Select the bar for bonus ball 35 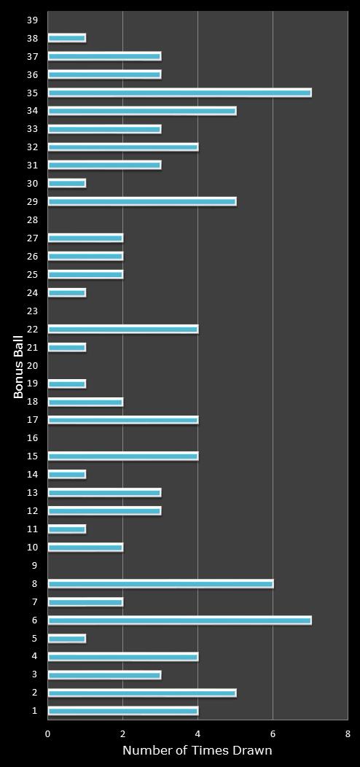coord(179,93)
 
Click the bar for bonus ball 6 coord(179,620)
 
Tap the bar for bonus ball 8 coord(160,584)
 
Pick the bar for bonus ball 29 coord(142,201)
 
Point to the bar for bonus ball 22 coord(123,329)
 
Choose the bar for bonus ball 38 coord(67,38)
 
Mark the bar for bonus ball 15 coord(123,456)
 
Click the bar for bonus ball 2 coord(142,693)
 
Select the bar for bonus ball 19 coord(67,383)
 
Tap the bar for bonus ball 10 coord(85,548)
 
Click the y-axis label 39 coord(32,20)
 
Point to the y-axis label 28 coord(32,219)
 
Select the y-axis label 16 coord(32,438)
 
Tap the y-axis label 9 coord(34,566)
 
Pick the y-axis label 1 coord(34,711)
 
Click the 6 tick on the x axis coord(273,733)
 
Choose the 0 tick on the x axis coord(48,733)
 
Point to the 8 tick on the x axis coord(348,733)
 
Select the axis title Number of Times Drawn coord(197,750)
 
